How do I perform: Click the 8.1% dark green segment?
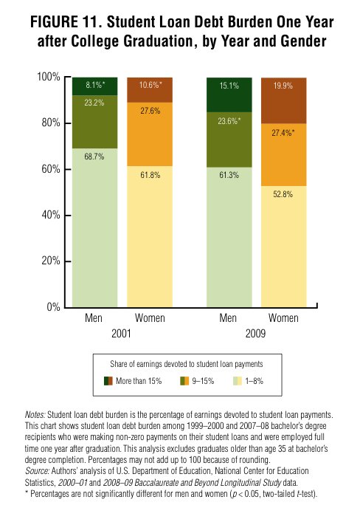[95, 86]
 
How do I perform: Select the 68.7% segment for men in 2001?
[95, 227]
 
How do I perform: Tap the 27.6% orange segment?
[150, 134]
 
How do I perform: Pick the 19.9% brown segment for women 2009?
[284, 100]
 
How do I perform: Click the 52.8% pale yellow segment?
[284, 247]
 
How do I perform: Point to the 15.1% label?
[229, 86]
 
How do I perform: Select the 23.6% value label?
[229, 121]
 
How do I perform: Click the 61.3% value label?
[229, 175]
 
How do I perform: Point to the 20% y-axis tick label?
[51, 261]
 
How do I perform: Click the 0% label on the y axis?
[53, 306]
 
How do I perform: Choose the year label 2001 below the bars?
[121, 333]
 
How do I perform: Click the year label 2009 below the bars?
[255, 333]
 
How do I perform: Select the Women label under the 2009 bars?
[283, 318]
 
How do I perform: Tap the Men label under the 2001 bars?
[94, 318]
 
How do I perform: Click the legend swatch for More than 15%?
[108, 381]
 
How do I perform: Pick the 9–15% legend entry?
[197, 381]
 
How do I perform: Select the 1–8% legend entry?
[248, 381]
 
